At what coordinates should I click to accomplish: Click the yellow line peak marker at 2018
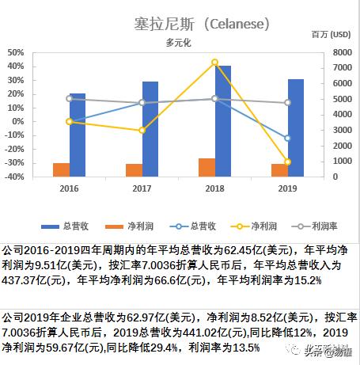pos(215,62)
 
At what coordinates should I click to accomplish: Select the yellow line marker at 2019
pos(287,162)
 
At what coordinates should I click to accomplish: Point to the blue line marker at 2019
pos(287,138)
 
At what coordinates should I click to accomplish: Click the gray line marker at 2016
pos(70,99)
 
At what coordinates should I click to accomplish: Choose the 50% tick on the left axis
pos(14,52)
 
